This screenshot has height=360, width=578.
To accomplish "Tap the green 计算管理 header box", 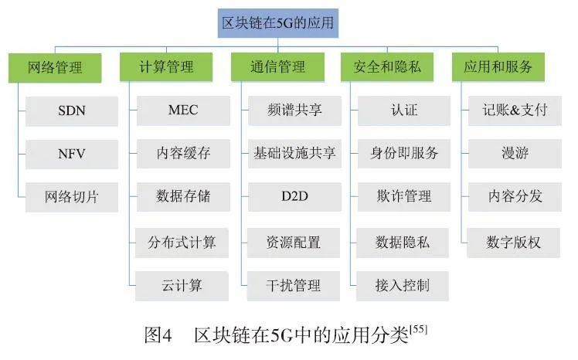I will tap(166, 66).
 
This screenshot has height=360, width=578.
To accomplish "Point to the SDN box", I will tap(72, 110).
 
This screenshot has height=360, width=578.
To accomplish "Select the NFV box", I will tap(72, 154).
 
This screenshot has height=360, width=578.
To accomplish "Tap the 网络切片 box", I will tap(72, 198).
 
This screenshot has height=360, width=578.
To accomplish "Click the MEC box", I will tap(182, 110).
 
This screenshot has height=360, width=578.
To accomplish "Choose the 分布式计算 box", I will tap(182, 243).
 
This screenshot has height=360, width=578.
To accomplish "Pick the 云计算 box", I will tap(182, 286).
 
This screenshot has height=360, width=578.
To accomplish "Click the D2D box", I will tap(294, 198).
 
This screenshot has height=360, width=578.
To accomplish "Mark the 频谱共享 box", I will tap(294, 110).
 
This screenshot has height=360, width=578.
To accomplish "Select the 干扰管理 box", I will tap(294, 286).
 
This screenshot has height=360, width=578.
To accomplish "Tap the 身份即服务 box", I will tap(404, 154).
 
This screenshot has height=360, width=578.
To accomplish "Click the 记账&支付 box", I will tap(515, 110).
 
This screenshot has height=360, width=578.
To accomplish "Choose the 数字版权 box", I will tap(515, 243).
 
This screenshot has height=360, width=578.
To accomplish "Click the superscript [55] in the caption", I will tap(420, 330).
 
